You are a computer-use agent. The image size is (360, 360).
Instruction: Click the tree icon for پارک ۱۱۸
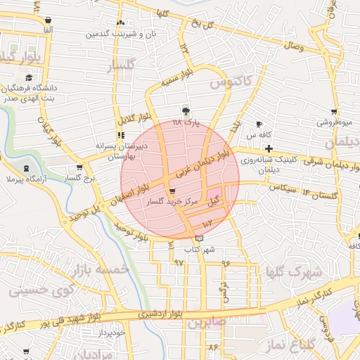(x=186, y=111)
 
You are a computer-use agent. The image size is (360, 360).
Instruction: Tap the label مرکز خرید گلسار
(x=172, y=202)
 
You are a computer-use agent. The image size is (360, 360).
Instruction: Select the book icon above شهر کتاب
(x=200, y=239)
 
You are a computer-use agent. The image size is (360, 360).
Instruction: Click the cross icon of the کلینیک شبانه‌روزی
(x=269, y=148)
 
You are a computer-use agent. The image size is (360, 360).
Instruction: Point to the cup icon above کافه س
(x=259, y=124)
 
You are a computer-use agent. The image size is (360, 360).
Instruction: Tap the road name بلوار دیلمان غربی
(x=204, y=164)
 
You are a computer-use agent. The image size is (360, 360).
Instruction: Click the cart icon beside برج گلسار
(x=79, y=168)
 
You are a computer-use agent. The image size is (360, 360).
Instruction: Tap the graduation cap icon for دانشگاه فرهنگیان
(x=29, y=78)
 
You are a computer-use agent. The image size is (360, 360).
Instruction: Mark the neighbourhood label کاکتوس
(x=230, y=84)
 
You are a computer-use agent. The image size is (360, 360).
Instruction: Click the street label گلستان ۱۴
(x=321, y=193)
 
